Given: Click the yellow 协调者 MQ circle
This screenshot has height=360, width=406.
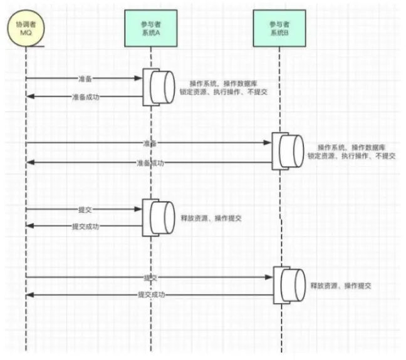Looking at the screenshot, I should point(26,29).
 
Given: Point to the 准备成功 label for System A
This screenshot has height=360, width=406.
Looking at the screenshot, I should point(85,97).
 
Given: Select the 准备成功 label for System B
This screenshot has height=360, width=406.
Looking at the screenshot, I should point(150,163).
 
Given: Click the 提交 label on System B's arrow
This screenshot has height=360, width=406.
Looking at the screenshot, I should point(150,277).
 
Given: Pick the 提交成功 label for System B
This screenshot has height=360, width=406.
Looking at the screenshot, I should point(150,294).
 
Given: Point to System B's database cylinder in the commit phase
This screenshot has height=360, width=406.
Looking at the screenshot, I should point(289,285).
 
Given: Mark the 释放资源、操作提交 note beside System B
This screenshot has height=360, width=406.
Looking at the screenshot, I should point(341,285).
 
